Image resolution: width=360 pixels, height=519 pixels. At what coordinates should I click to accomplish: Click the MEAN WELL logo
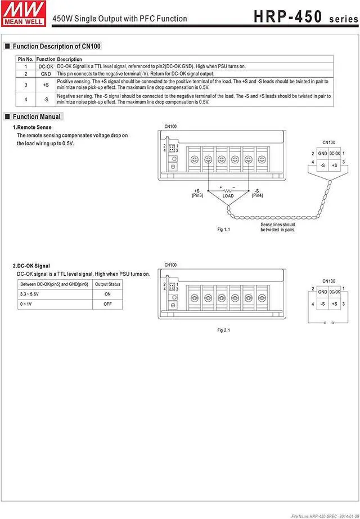point(22,12)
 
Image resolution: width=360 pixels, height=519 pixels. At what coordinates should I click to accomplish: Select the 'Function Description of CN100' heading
point(56,46)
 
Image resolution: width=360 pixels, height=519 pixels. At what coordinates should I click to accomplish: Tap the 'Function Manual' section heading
point(37,117)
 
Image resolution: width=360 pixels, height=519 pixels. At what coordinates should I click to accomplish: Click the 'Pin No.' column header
point(25,59)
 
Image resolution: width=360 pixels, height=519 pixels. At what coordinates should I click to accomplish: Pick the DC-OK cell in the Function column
point(46,66)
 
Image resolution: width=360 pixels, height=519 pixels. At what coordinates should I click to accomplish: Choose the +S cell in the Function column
point(46,84)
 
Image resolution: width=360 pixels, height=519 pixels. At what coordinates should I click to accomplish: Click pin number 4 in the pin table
point(25,99)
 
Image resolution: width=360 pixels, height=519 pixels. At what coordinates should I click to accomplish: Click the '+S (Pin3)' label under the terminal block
point(197,193)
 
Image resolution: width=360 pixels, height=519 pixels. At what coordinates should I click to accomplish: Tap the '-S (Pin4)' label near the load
point(257,193)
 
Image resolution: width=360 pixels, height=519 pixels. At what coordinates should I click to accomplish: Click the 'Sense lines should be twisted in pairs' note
point(277,227)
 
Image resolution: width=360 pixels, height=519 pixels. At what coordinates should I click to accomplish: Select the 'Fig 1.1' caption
point(224,230)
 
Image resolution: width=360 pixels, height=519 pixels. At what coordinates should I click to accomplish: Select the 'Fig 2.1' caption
point(224,330)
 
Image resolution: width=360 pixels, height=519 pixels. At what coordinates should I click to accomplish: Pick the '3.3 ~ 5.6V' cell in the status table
point(30,294)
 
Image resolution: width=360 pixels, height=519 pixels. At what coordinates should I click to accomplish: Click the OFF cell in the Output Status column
point(107,304)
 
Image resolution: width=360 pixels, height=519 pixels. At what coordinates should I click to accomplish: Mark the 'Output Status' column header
point(107,284)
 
